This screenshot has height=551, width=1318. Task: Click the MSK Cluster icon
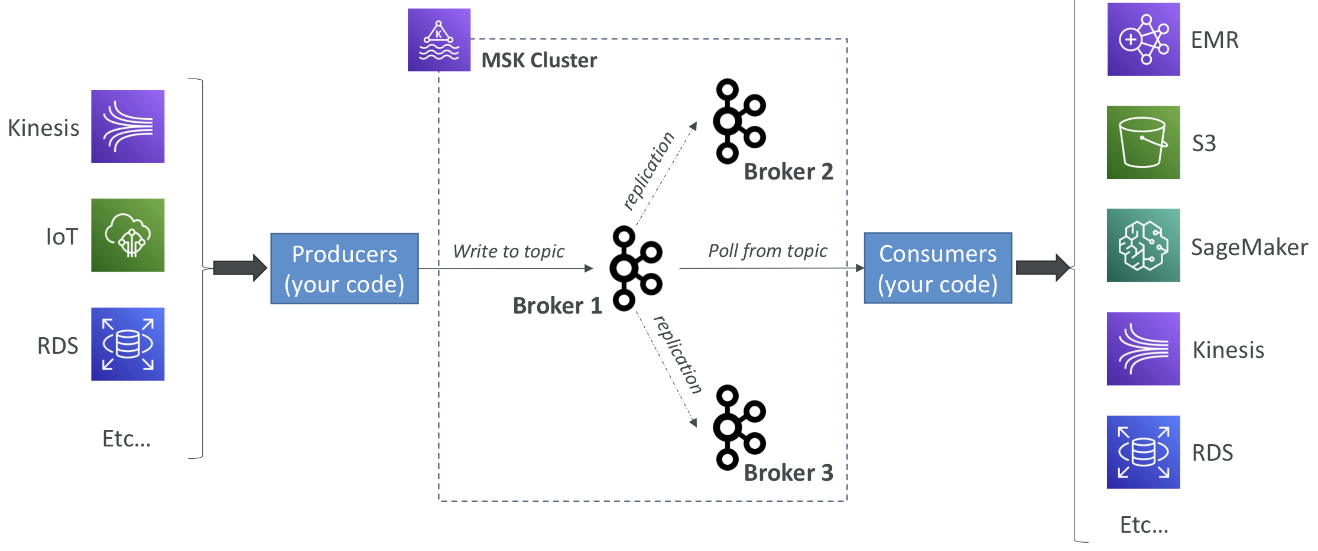point(439,40)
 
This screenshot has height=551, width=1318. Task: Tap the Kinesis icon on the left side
point(128,126)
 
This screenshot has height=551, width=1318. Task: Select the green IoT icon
point(128,235)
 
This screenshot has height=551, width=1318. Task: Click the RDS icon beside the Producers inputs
point(128,344)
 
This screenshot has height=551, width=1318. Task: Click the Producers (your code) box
point(345,269)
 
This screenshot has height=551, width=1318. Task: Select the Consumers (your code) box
point(938,268)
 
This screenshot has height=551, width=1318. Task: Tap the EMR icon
point(1144,40)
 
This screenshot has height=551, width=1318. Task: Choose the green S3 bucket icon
point(1144,142)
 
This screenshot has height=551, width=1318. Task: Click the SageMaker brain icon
point(1144,245)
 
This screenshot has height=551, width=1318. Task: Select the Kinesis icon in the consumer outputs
point(1144,349)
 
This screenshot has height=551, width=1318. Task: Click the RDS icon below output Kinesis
point(1144,452)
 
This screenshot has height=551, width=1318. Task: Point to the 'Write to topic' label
point(508,252)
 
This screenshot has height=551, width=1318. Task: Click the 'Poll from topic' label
point(768,251)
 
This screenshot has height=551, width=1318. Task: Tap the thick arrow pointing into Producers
point(240,268)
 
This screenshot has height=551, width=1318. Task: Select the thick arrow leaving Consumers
point(1043,268)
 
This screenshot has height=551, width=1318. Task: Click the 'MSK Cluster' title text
point(539,60)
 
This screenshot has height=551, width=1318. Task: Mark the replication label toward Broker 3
point(678,355)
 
